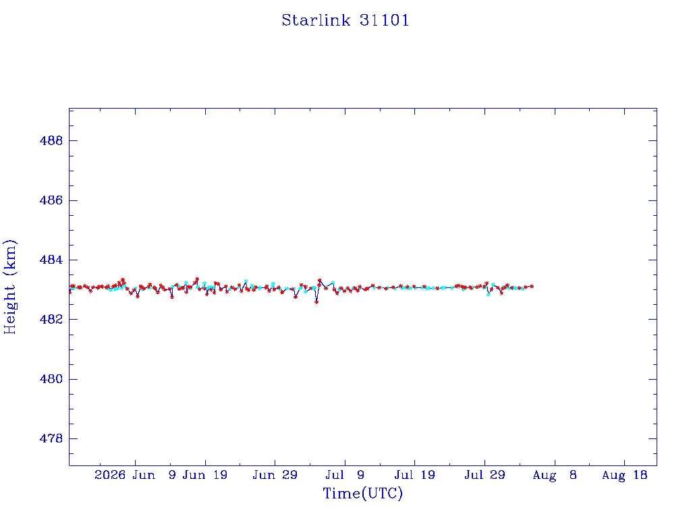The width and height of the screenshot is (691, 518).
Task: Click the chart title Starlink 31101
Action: coord(345,20)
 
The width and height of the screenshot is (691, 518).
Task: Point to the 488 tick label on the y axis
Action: coord(51,141)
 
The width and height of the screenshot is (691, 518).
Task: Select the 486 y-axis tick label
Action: coord(51,200)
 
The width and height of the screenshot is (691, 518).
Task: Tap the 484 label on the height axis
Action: coord(51,260)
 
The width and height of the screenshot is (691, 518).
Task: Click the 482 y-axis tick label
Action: coord(51,319)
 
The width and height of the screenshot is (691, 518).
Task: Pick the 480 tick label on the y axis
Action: coord(51,379)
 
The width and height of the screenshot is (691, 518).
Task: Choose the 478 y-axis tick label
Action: coord(51,438)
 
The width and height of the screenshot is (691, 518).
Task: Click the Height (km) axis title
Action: coord(9,287)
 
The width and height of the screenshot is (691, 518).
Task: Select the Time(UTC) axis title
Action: coord(362,493)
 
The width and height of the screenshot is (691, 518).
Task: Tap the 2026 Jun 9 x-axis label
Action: coord(135,475)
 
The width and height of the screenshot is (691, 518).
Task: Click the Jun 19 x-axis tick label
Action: coord(205,475)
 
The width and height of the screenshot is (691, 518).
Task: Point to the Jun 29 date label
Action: coord(275,475)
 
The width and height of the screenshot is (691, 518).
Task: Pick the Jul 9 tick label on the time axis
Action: coord(345,475)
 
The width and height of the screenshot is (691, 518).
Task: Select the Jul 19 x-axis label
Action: coord(415,475)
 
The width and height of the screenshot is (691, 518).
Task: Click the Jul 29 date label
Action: coord(485,475)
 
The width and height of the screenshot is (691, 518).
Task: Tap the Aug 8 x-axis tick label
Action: coord(555,475)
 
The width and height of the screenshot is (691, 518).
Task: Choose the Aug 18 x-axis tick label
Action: coord(624,475)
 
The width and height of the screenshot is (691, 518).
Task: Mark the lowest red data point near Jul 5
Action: coord(316,302)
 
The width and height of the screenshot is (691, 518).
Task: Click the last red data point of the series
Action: coord(532,286)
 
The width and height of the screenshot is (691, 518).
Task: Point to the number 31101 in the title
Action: coord(384,20)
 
